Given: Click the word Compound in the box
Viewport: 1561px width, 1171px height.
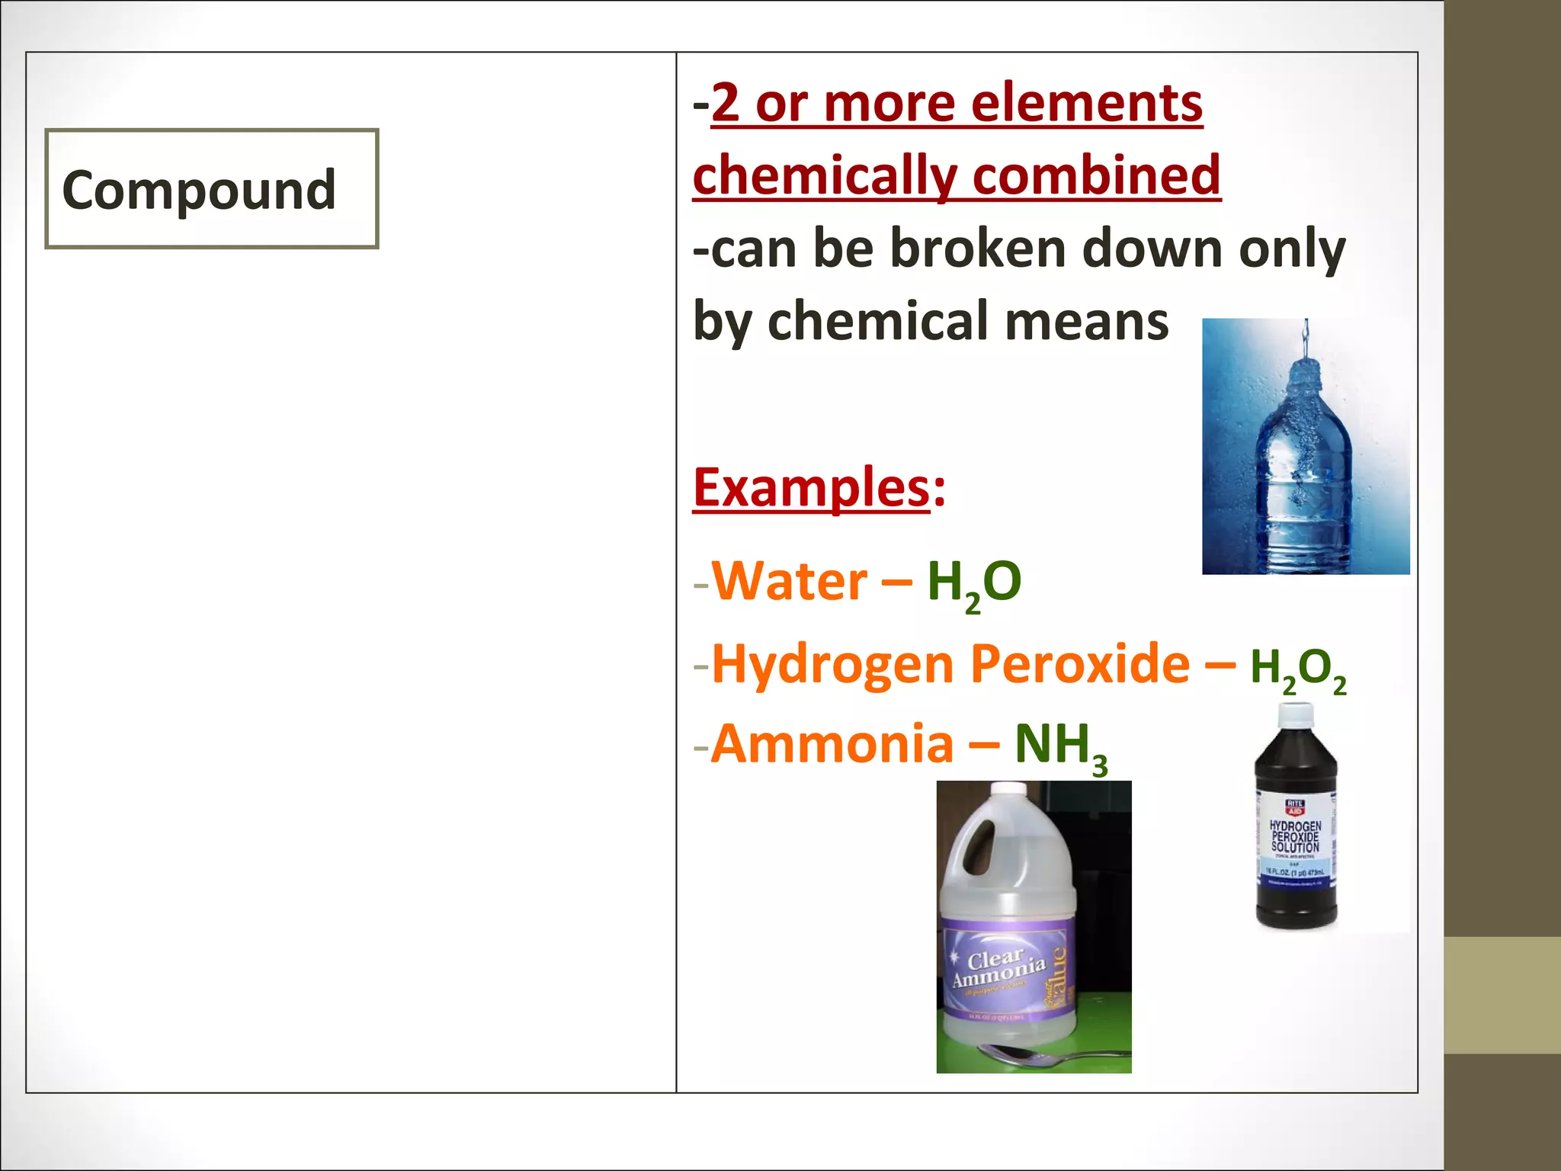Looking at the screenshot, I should tap(199, 190).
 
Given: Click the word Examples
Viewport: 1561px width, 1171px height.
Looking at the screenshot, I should tap(811, 488).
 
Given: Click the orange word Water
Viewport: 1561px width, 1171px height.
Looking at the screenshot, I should tap(790, 582).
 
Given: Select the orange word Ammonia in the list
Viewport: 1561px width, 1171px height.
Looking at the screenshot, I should tap(832, 744).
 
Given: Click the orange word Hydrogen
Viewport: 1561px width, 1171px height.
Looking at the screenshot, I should tap(832, 665).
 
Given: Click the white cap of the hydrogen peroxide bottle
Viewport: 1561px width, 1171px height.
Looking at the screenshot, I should tap(1295, 715).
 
